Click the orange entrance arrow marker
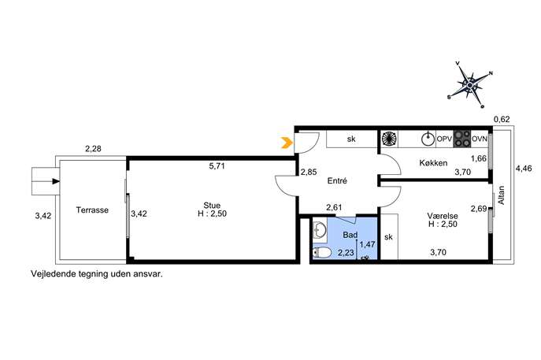[287, 143]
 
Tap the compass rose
[470, 85]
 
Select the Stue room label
[212, 206]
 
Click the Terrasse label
[92, 210]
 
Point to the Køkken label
[433, 163]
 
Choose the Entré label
[337, 180]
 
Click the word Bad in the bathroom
[350, 235]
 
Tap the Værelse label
[443, 216]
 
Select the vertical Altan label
[502, 195]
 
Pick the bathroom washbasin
[320, 230]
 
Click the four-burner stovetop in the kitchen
[461, 139]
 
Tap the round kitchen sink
[428, 139]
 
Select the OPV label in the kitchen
[444, 139]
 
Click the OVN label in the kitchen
[480, 139]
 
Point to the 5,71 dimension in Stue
[217, 166]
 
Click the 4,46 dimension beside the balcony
[524, 169]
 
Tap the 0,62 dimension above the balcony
[502, 120]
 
